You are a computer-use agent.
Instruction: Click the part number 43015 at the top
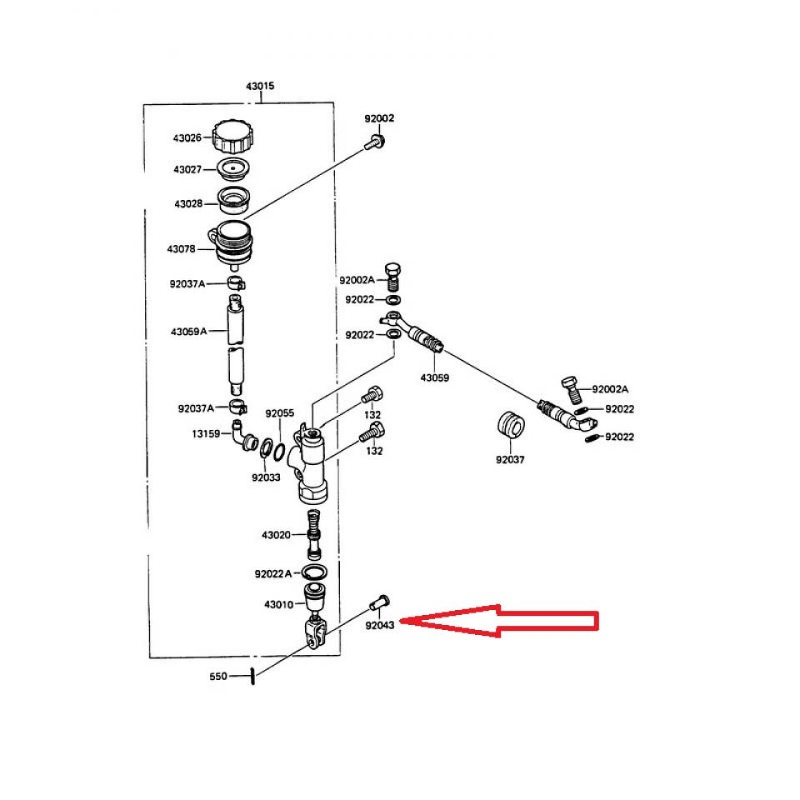click(260, 86)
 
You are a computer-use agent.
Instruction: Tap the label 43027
click(187, 169)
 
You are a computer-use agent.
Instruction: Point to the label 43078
click(181, 249)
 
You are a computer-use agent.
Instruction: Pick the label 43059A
click(188, 331)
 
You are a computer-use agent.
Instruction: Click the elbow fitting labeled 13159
click(242, 436)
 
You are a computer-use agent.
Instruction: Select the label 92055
click(279, 413)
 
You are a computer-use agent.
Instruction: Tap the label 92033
click(265, 477)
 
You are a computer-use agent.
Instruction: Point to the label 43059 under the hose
click(434, 377)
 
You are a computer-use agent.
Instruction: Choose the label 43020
click(275, 534)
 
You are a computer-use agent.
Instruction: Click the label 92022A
click(273, 573)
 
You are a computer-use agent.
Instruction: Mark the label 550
click(217, 676)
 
